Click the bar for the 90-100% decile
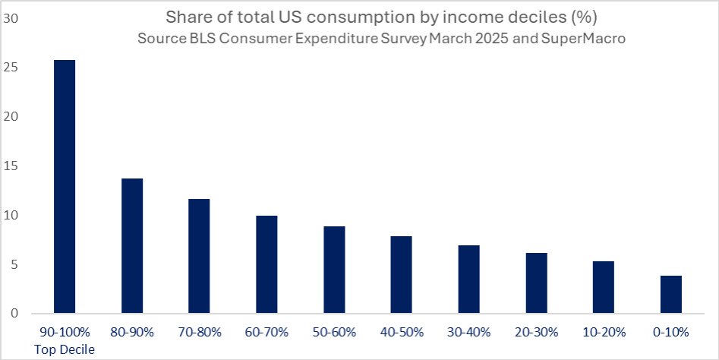coord(65,187)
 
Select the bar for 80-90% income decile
coord(132,246)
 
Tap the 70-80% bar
coord(199,257)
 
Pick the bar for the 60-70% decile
coord(266,265)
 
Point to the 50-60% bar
coord(333,270)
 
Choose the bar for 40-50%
coord(401,275)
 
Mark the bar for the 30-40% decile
coord(468,279)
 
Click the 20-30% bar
coord(535,283)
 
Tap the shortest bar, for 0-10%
coord(670,295)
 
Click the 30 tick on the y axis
coord(11,19)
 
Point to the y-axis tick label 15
coord(11,166)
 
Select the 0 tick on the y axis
coord(14,314)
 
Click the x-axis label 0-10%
coord(670,332)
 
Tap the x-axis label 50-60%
coord(333,332)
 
